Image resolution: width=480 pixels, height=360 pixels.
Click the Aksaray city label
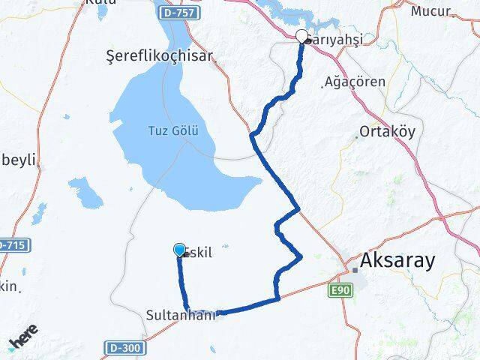click(397, 260)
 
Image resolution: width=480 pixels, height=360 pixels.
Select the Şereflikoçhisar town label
click(160, 55)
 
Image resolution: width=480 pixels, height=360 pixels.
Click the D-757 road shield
click(178, 13)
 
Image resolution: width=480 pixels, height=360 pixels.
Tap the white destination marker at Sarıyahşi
click(302, 36)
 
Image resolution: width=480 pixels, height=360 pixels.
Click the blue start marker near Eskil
click(179, 250)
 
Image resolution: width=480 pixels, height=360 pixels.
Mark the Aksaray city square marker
click(355, 269)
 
